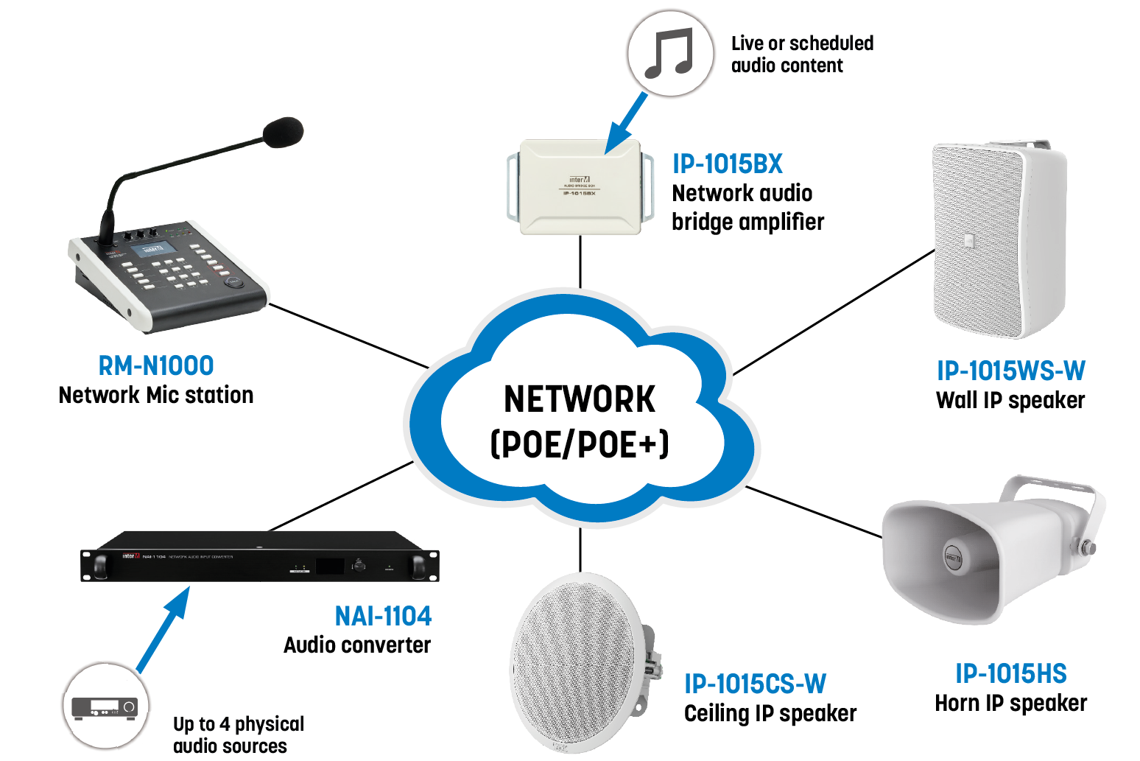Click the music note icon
point(669,53)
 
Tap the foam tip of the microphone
point(283,132)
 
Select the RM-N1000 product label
point(156,365)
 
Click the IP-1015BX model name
point(727,164)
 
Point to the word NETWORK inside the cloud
point(580,399)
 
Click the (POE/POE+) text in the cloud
point(580,444)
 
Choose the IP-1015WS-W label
point(1010,371)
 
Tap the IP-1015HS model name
point(1010,673)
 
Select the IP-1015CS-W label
point(755,684)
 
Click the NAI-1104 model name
point(383,616)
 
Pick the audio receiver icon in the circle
point(105,708)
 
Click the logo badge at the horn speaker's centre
point(954,557)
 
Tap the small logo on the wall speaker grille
point(970,239)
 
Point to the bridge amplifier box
point(580,187)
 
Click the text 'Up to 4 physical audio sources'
point(238,734)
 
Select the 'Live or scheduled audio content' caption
point(802,54)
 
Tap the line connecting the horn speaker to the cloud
point(814,511)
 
